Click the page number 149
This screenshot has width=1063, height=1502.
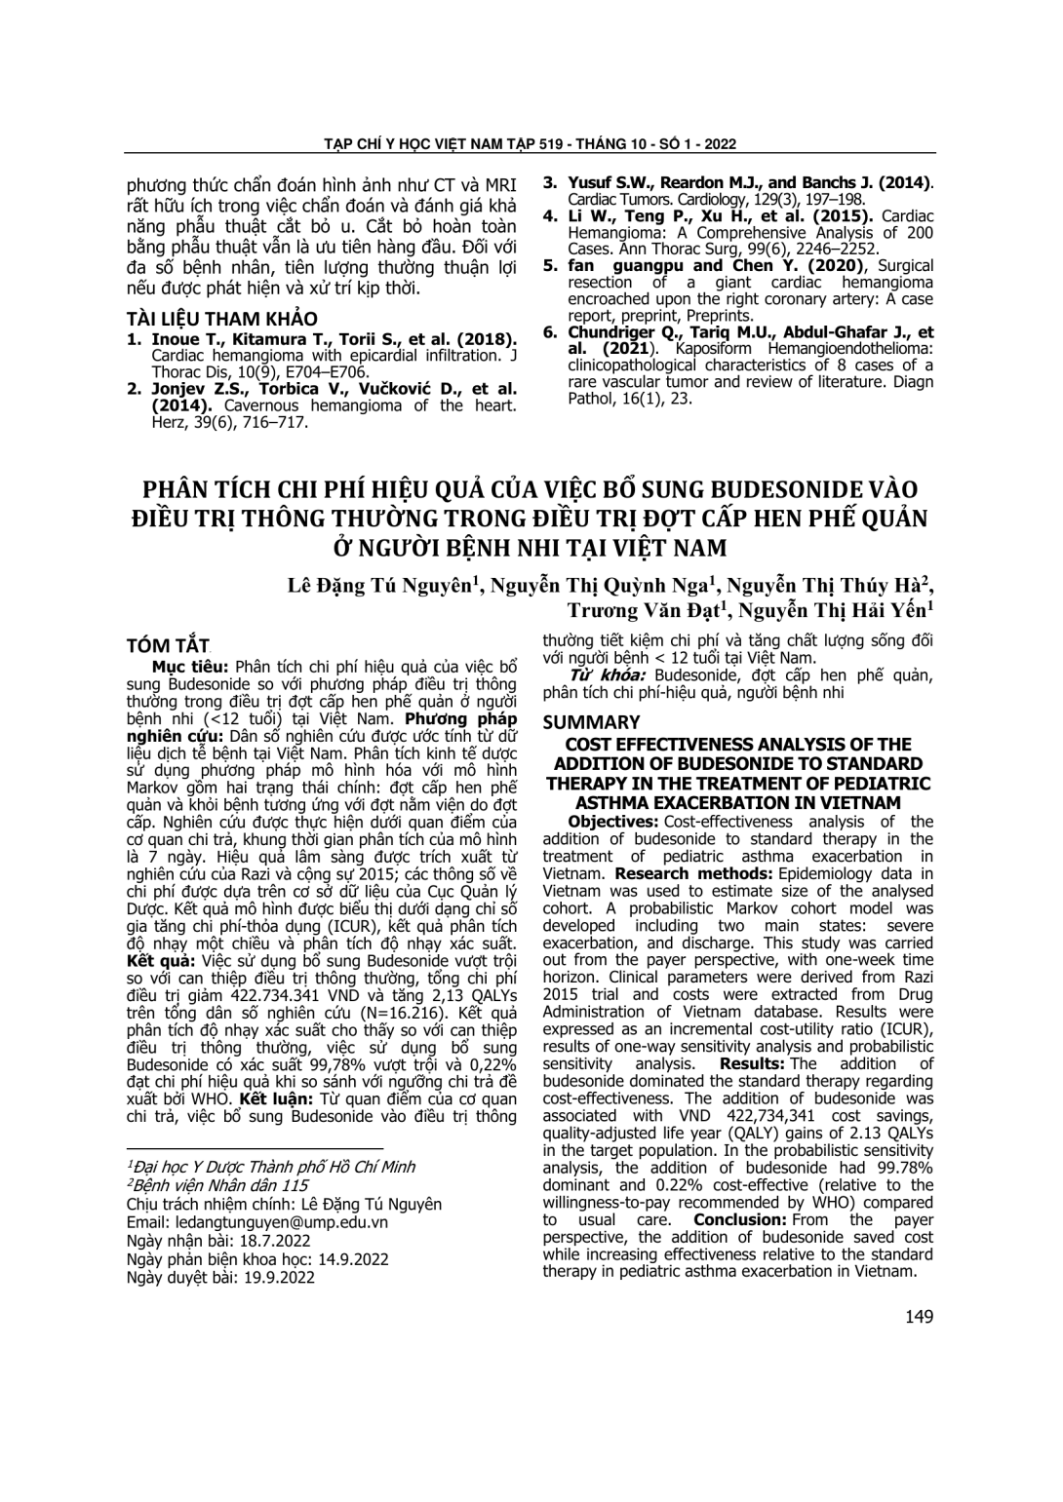pyautogui.click(x=919, y=1317)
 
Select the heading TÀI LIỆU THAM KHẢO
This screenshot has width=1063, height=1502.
pyautogui.click(x=222, y=320)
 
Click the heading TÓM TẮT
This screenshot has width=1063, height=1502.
pyautogui.click(x=169, y=646)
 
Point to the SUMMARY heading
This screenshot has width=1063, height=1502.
pyautogui.click(x=591, y=722)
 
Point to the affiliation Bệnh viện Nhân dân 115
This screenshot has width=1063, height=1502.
pyautogui.click(x=219, y=1185)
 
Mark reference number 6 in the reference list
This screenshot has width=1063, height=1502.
pyautogui.click(x=549, y=332)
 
